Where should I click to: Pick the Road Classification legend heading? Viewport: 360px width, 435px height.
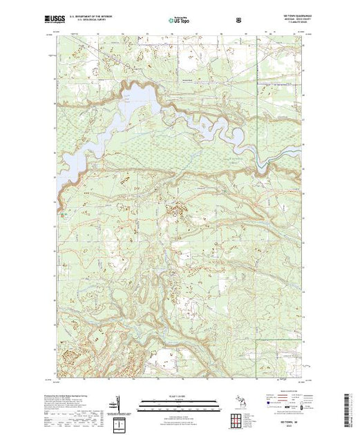[x=290, y=395]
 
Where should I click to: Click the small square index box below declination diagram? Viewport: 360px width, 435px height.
[x=120, y=421]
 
